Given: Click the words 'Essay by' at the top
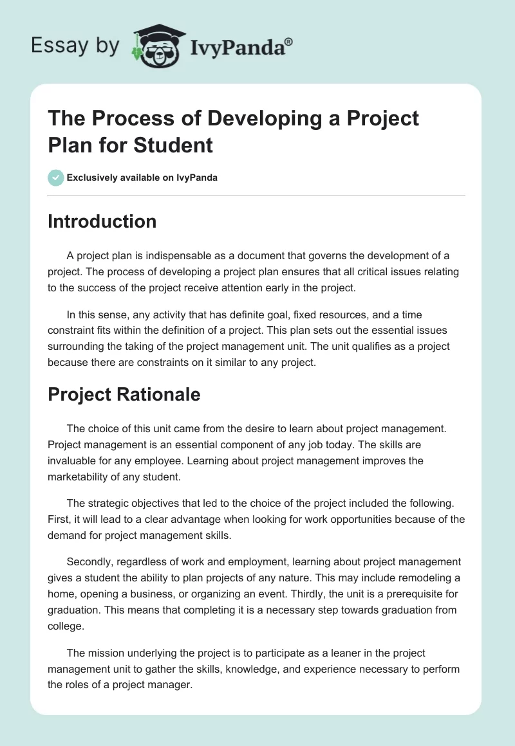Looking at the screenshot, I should pos(75,46).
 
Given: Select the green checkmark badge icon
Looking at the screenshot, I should pos(56,177).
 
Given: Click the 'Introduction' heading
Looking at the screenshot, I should pos(102,221).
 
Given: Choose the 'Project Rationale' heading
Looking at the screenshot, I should pos(124,394).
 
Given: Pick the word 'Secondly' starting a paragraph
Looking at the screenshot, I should pos(87,562).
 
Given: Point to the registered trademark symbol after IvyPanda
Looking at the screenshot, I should pos(289,41).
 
